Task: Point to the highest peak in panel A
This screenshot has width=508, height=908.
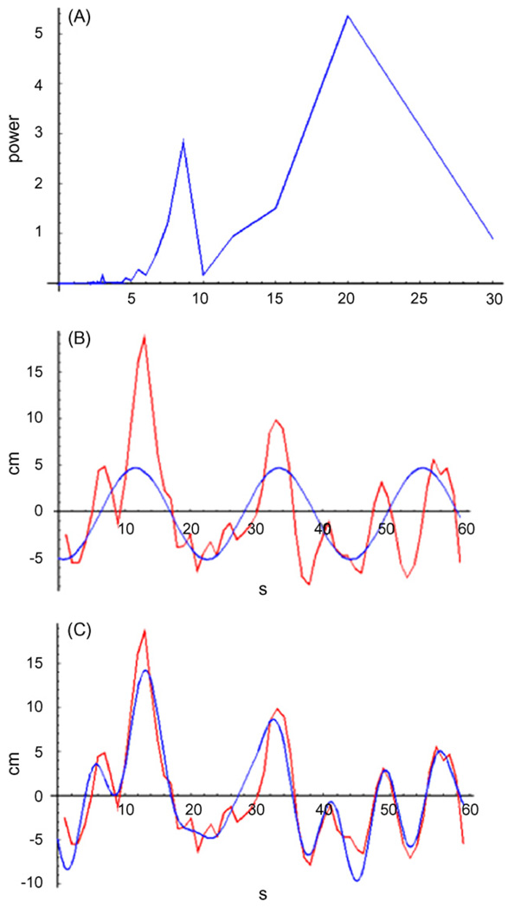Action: [x=347, y=16]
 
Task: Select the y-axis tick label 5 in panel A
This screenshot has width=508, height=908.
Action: [x=41, y=35]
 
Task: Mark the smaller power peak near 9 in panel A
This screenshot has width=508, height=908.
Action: [x=183, y=140]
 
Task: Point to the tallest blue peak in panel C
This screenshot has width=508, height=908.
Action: [x=146, y=670]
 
